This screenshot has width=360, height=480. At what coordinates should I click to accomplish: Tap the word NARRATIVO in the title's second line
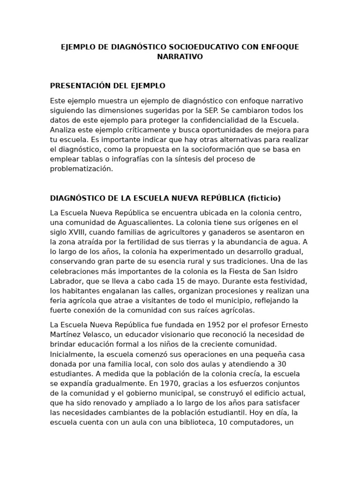[180, 57]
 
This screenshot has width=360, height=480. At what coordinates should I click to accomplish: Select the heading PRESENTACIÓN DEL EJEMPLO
[107, 86]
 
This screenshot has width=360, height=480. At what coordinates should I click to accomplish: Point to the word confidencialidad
[210, 120]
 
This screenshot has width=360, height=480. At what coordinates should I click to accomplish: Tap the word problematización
[81, 169]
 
